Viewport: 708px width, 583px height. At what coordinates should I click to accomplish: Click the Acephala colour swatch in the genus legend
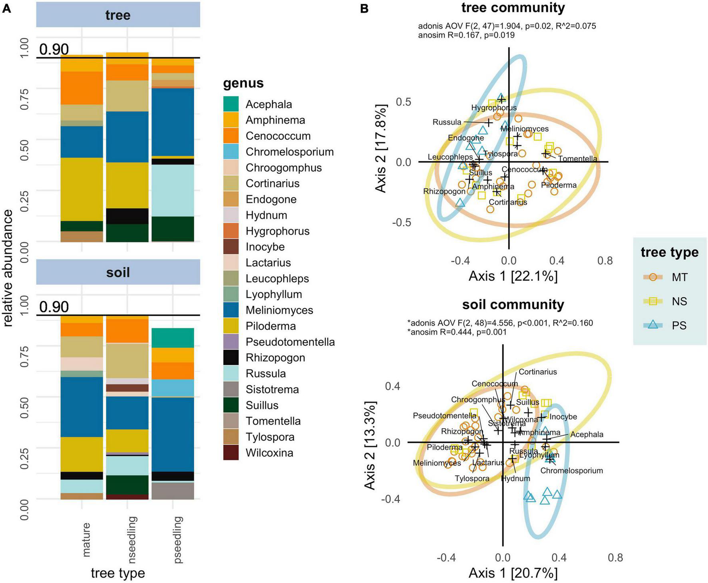coord(231,104)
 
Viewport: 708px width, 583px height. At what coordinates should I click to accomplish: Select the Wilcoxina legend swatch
coord(231,453)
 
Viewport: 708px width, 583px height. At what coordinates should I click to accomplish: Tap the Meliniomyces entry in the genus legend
coord(279,310)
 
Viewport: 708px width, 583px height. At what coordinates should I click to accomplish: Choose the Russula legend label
coord(266,374)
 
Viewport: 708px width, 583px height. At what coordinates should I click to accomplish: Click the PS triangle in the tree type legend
coord(653,325)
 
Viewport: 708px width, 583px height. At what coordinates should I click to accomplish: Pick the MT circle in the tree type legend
coord(653,277)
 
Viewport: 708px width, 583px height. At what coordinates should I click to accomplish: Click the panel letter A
coord(6,9)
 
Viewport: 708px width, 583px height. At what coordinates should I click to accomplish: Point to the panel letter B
coord(364,9)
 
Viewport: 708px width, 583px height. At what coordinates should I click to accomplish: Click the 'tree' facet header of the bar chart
coord(118,15)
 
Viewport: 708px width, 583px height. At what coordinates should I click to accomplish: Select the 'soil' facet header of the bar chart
coord(118,273)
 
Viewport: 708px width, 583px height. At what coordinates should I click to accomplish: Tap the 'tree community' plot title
coord(513,8)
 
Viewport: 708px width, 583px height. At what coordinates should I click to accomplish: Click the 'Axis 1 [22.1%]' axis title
coord(513,276)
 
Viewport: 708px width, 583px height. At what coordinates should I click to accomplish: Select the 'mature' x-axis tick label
coord(86,539)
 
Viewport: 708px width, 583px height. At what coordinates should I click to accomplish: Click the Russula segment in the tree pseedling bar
coord(173,190)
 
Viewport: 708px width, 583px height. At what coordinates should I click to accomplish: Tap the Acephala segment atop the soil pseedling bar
coord(173,338)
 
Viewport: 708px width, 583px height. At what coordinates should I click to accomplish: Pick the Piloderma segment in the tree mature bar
coord(82,189)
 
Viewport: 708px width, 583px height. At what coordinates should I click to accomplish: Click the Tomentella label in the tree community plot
coord(577,159)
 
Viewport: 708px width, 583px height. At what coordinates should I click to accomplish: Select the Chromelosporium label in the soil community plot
coord(571,470)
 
